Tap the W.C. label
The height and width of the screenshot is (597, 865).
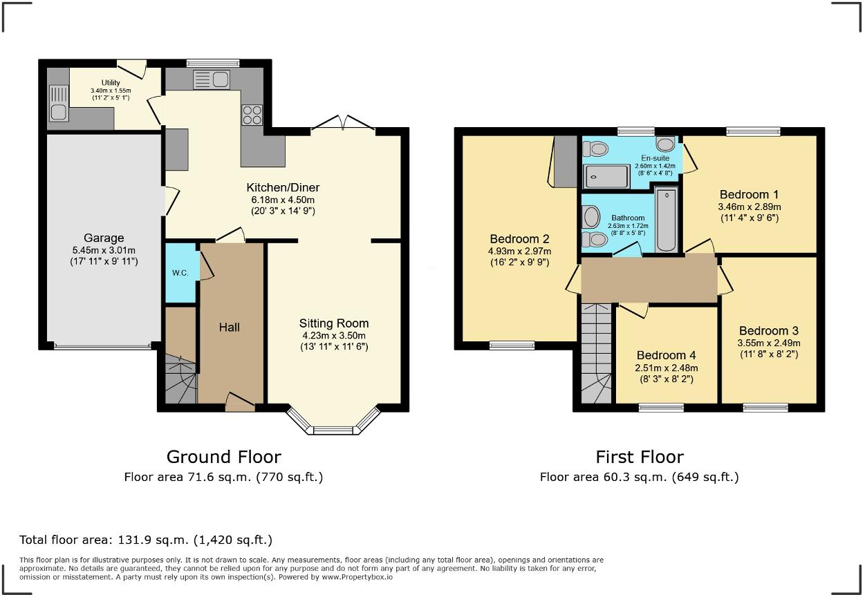[180, 273]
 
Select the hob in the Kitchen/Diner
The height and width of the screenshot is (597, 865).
[252, 114]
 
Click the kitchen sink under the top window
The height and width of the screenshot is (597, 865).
[212, 79]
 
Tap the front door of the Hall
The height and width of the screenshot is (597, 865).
[239, 403]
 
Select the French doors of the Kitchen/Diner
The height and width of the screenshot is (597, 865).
[343, 124]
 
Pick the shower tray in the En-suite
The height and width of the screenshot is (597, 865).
[607, 177]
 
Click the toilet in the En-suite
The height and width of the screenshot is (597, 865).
[595, 148]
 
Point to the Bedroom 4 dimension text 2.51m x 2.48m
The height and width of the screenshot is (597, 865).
[667, 368]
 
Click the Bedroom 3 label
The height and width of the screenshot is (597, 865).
[769, 331]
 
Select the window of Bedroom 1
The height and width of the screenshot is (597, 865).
[752, 131]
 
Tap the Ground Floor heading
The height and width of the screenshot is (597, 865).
[223, 457]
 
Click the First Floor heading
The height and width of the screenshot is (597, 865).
[639, 457]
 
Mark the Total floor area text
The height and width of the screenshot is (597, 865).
[146, 540]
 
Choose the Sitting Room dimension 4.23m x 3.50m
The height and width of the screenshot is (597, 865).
[333, 336]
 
